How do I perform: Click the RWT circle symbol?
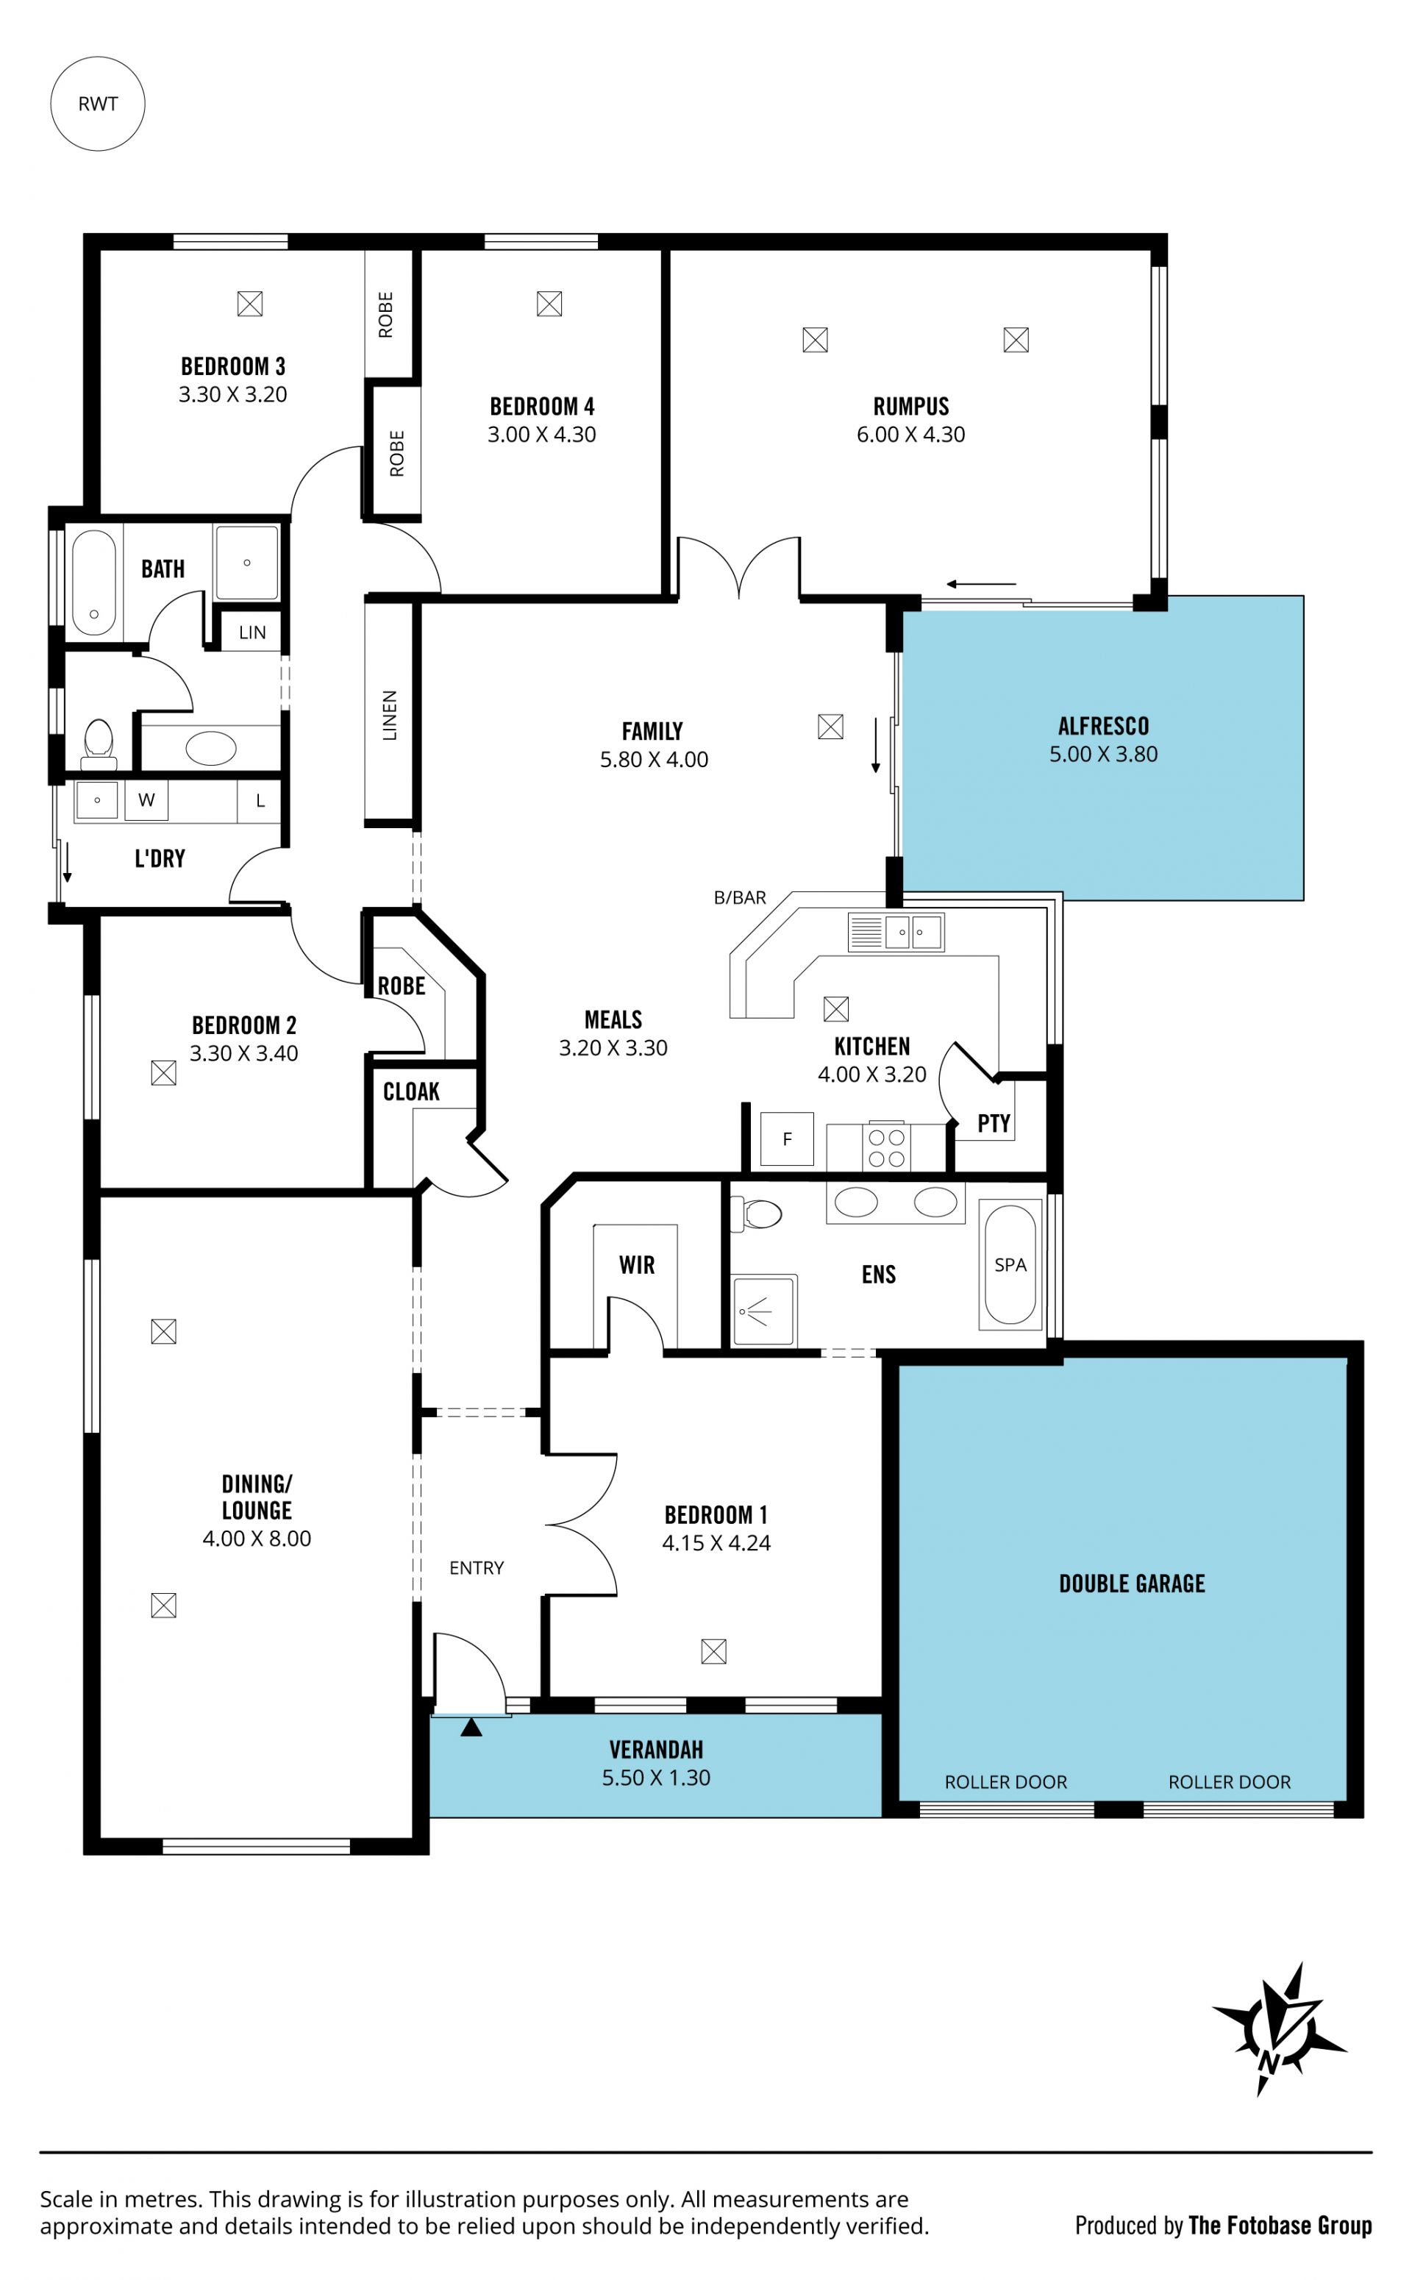[x=97, y=104]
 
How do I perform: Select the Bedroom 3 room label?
[x=232, y=366]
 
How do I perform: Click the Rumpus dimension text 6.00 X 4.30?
[x=910, y=434]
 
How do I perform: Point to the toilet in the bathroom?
[x=98, y=742]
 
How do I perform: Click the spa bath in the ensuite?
[x=1010, y=1264]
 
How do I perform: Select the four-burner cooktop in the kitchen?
[x=886, y=1147]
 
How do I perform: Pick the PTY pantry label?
[x=994, y=1123]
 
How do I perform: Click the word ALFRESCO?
[x=1103, y=725]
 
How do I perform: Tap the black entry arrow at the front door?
[x=471, y=1727]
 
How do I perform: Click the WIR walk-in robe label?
[x=637, y=1265]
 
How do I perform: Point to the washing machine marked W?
[x=146, y=799]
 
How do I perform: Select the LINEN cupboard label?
[x=390, y=715]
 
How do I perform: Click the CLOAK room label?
[x=411, y=1091]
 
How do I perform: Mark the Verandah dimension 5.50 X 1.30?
[x=655, y=1778]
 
